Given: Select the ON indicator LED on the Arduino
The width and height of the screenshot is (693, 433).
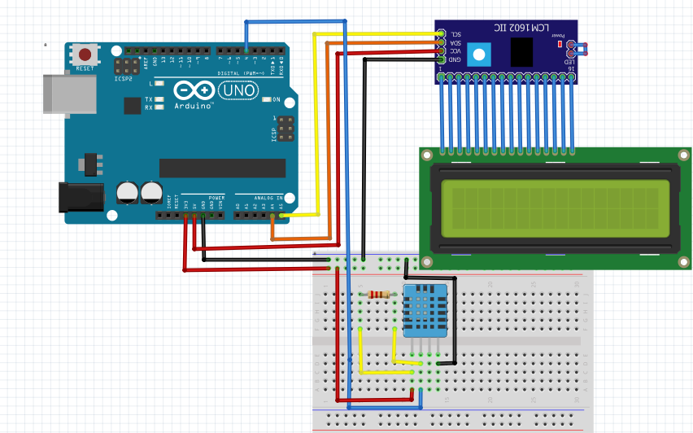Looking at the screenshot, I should [267, 100].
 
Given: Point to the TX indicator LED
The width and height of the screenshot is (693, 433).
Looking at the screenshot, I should [159, 99].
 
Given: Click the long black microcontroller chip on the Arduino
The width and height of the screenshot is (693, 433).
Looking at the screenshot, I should [222, 168].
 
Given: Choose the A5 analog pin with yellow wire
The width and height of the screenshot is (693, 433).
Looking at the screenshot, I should [281, 215].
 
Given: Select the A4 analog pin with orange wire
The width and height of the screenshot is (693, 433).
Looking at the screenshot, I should [272, 215].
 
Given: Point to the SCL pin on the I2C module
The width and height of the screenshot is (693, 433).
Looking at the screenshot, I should [441, 33].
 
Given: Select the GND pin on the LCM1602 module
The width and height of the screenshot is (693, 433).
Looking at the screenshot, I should [441, 59].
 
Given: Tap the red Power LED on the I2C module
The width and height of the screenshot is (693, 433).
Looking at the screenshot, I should [560, 44].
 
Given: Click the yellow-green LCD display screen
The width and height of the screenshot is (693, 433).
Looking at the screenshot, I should [556, 207].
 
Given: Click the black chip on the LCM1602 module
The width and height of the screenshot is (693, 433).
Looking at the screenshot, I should [521, 53].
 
